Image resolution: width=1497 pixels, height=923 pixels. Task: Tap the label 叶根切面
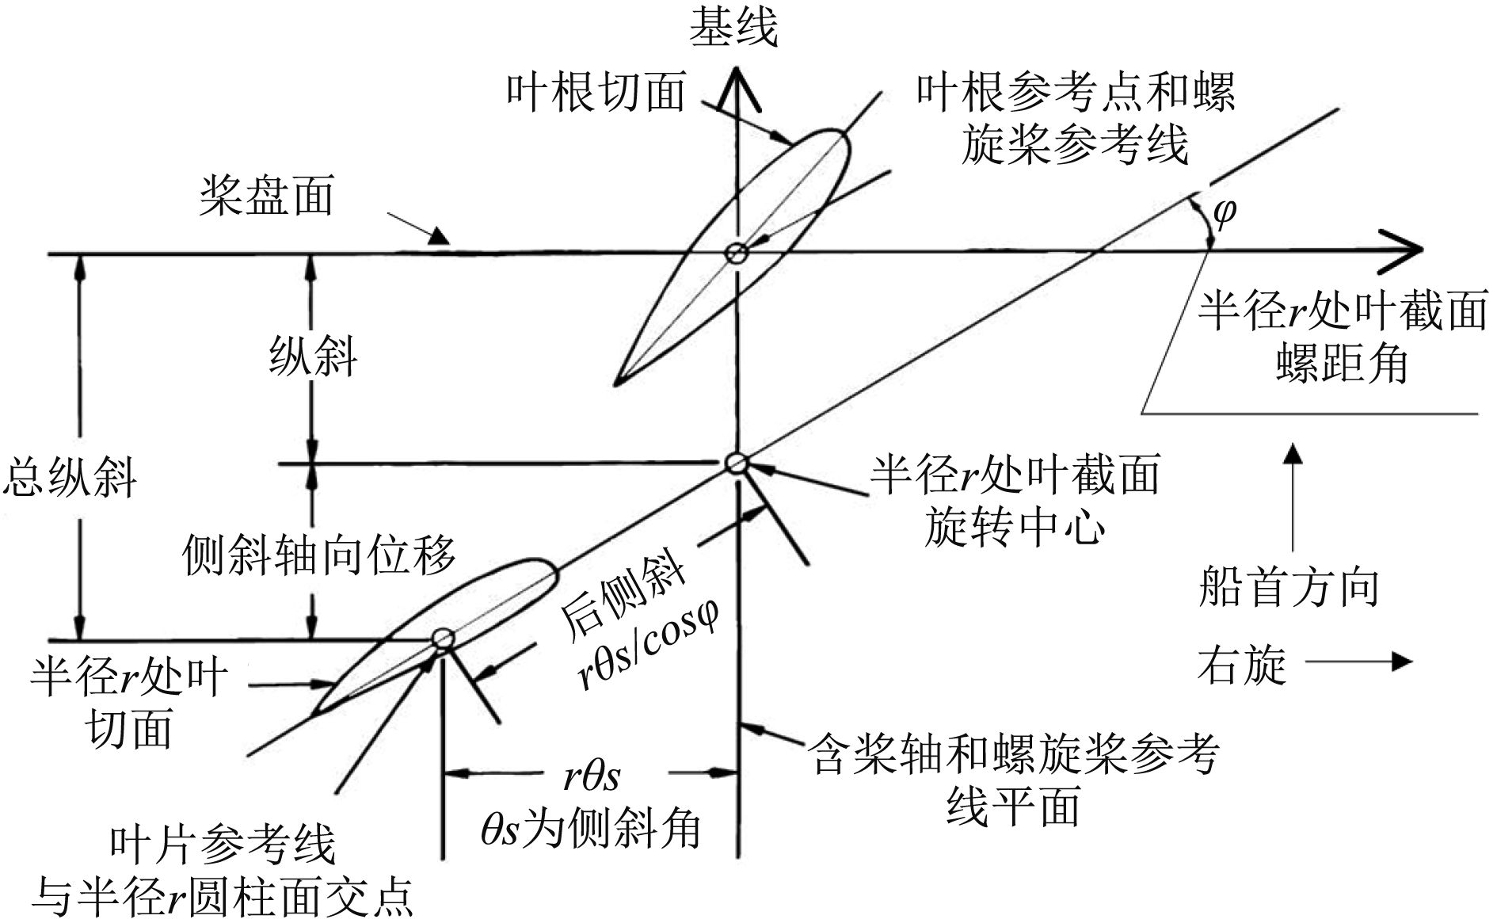click(595, 93)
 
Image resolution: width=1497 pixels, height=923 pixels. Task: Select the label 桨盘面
click(266, 196)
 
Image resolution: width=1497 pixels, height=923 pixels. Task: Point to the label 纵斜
click(314, 356)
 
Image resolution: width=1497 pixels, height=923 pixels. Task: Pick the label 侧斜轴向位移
click(319, 555)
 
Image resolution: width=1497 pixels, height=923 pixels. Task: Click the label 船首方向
click(1289, 588)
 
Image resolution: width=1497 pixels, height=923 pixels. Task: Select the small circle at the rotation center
click(737, 463)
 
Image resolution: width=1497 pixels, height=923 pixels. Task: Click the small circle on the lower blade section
click(442, 639)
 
